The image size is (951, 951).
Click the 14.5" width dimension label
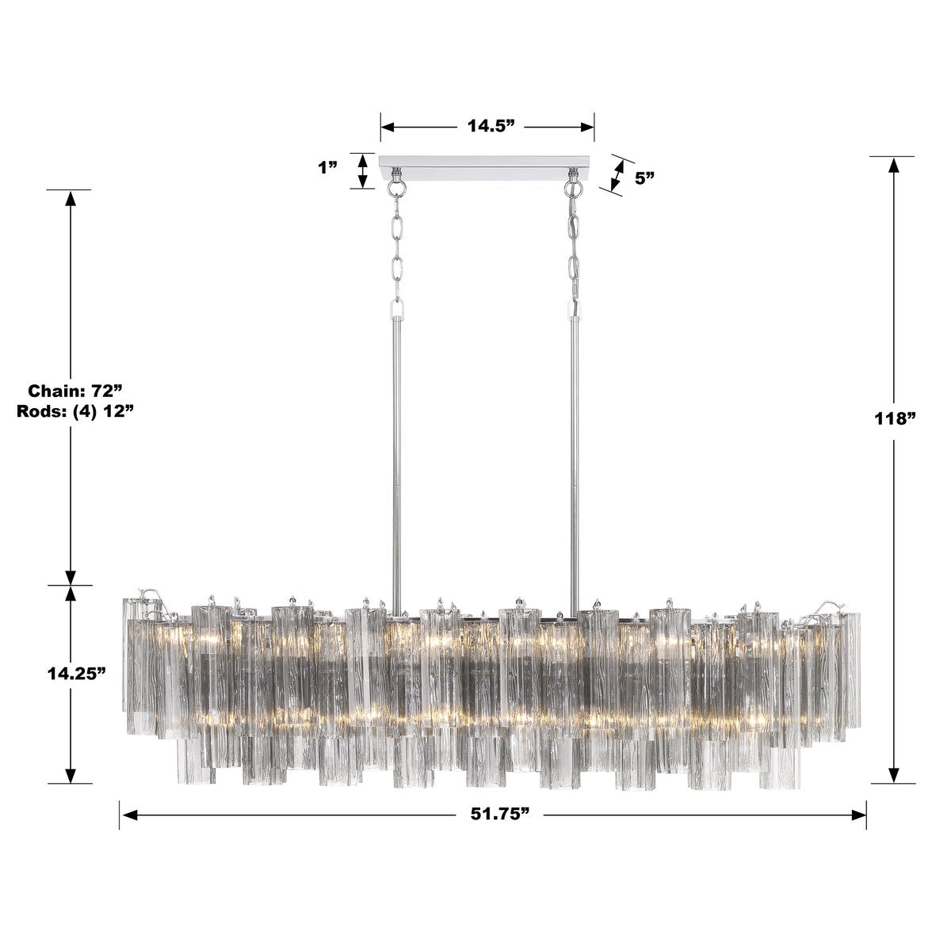click(487, 126)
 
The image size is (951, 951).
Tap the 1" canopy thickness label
click(327, 168)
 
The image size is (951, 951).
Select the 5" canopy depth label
click(644, 178)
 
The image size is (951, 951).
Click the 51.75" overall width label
click(493, 815)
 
